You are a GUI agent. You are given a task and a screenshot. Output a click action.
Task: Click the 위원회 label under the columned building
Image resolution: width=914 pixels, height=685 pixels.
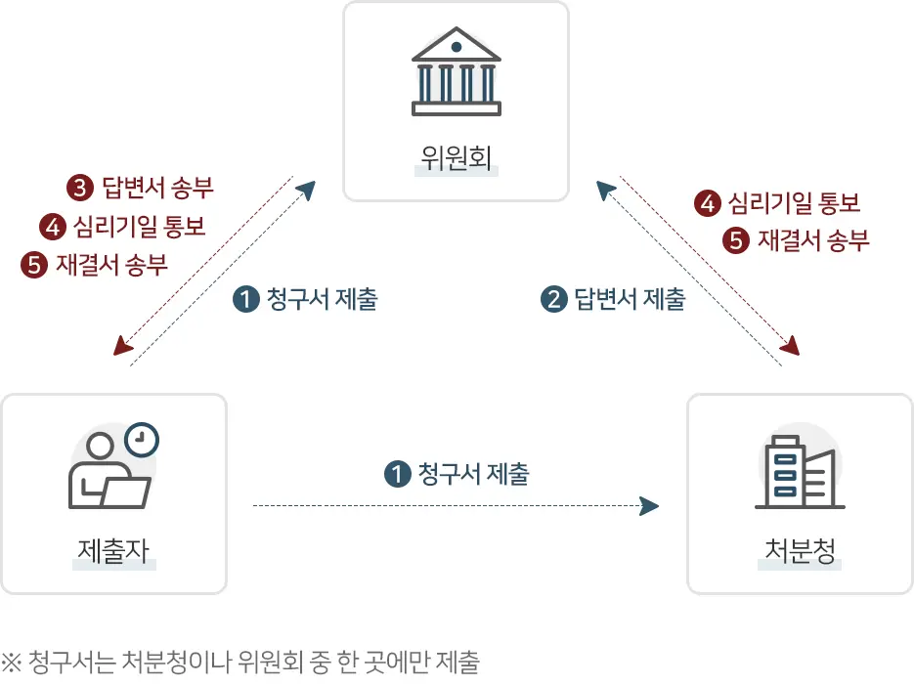[x=456, y=157]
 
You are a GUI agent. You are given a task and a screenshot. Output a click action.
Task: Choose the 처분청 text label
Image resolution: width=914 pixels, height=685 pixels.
[x=800, y=551]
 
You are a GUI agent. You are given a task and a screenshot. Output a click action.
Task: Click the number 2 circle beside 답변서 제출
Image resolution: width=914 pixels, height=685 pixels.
[x=554, y=299]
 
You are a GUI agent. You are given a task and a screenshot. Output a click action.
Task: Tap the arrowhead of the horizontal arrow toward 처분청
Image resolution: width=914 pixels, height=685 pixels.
[x=648, y=505]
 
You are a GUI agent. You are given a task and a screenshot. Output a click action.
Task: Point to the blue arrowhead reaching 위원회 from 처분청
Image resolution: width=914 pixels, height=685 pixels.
[x=606, y=189]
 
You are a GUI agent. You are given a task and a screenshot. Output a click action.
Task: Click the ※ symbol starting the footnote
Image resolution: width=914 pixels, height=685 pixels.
[x=12, y=664]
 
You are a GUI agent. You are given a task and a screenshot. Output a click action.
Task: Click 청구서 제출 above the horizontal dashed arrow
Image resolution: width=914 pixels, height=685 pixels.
[x=473, y=475]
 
